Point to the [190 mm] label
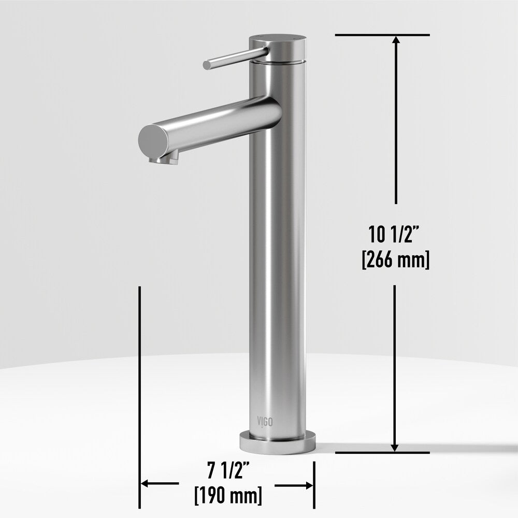click(x=228, y=495)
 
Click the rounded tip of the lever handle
click(x=207, y=65)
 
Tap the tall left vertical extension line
click(x=140, y=388)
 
